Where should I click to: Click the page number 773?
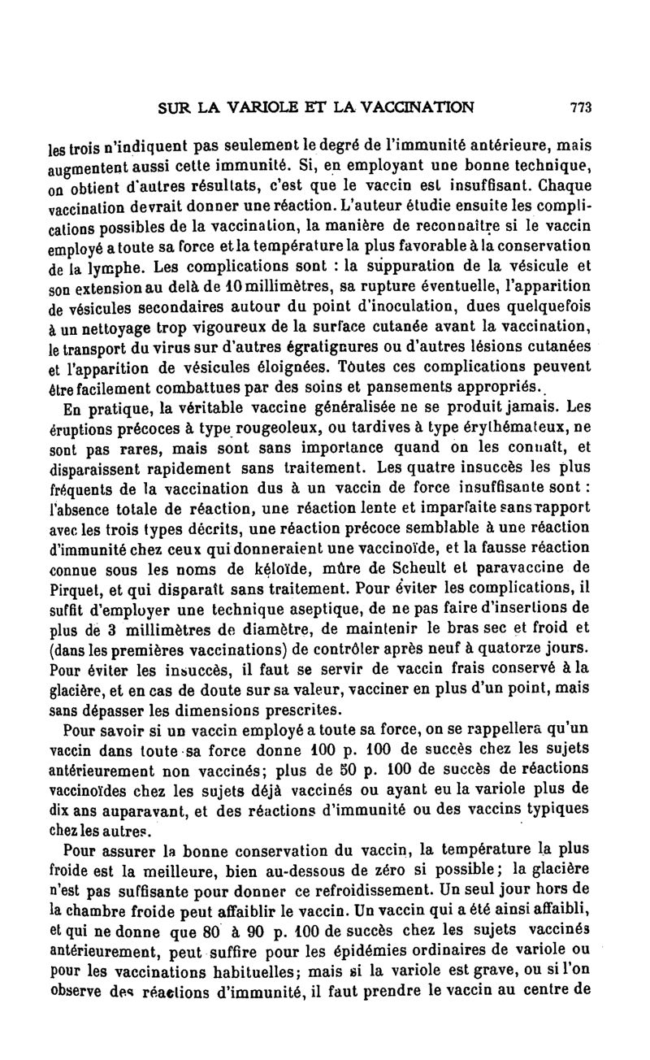pyautogui.click(x=579, y=106)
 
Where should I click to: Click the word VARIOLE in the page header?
pyautogui.click(x=259, y=106)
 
